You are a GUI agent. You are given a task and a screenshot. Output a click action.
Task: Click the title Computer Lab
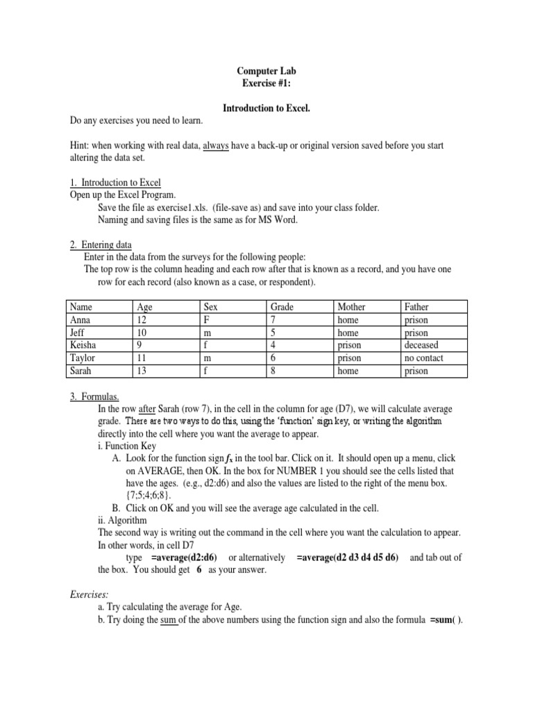(x=266, y=72)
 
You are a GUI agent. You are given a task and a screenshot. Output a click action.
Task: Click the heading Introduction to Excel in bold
(x=266, y=109)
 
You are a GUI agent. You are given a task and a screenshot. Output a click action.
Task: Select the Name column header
(x=82, y=306)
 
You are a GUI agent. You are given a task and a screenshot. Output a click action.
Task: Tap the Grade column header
(x=282, y=306)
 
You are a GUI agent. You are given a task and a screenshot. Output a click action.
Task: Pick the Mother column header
(x=351, y=306)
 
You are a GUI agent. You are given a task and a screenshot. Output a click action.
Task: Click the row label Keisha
(x=84, y=345)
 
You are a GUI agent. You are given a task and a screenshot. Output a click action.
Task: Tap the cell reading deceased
(x=421, y=345)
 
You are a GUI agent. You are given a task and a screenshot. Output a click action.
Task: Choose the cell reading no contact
(x=423, y=358)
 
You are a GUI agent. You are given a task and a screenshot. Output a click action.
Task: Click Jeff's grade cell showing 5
(x=273, y=333)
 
